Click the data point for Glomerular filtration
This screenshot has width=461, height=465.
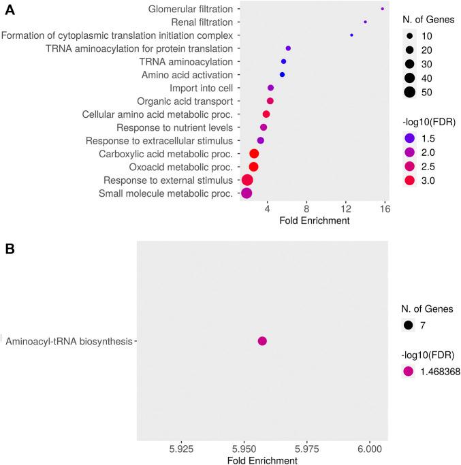[x=383, y=9]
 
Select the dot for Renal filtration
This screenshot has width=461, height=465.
[x=366, y=22]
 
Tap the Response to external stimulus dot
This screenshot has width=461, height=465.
[x=247, y=180]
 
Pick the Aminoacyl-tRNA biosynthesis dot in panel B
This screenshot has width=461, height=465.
[x=262, y=341]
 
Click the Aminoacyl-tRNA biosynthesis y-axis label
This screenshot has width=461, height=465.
[x=69, y=341]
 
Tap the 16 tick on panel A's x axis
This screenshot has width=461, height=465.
[x=385, y=208]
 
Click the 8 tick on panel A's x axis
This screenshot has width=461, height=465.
[x=306, y=208]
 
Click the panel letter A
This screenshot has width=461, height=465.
[x=12, y=10]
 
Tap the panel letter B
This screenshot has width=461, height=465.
[x=11, y=249]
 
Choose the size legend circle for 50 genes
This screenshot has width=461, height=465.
[x=409, y=92]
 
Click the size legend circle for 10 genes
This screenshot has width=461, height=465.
[x=409, y=35]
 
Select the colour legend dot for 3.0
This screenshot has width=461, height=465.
[x=409, y=180]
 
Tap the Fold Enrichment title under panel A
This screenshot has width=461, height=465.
[x=315, y=221]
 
